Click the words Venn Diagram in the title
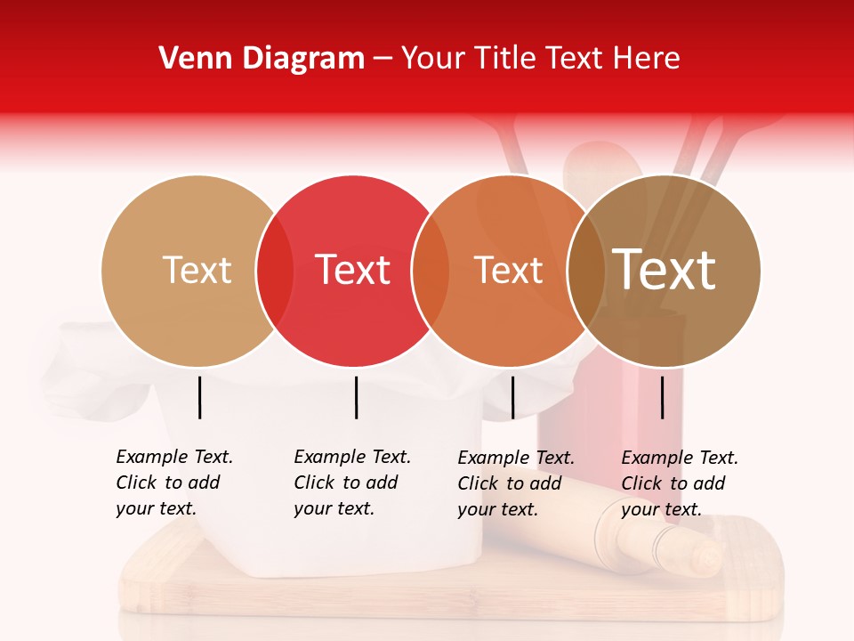point(262,59)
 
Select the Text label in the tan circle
point(197,271)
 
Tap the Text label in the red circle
point(353,271)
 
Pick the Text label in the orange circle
point(508,271)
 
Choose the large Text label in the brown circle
point(665,271)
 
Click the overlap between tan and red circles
point(275,271)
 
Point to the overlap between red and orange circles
point(431,271)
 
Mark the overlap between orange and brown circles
point(586,271)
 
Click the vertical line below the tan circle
point(199,397)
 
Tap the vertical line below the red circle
point(356,397)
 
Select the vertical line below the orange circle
point(512,397)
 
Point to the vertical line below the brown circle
point(663,397)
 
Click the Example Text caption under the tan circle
point(173,483)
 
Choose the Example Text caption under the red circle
point(351,483)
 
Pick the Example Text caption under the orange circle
point(515,483)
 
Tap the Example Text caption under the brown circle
point(679,483)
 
